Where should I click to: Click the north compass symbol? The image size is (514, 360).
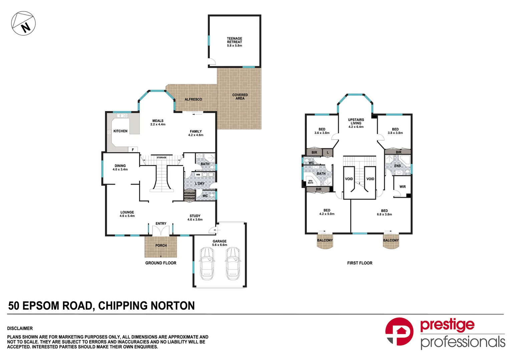[x=23, y=24]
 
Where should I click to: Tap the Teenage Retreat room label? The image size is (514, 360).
[x=234, y=42]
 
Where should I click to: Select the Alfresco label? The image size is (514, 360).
[x=193, y=99]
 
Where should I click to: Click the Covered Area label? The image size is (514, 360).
[x=240, y=97]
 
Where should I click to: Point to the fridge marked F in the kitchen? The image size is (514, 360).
[x=133, y=150]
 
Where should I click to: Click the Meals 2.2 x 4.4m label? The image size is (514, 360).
[x=158, y=123]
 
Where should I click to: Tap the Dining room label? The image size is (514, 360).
[x=120, y=167]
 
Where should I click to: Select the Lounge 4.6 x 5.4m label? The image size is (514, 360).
[x=127, y=214]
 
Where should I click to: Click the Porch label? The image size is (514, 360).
[x=161, y=246]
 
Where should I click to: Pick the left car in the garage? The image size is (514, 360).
[x=207, y=264]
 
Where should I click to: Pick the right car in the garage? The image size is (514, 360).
[x=232, y=264]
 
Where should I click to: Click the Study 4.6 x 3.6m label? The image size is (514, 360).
[x=195, y=218]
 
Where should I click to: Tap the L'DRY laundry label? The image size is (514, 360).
[x=200, y=184]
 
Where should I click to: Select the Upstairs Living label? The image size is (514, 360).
[x=356, y=123]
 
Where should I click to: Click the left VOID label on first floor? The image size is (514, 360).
[x=349, y=179]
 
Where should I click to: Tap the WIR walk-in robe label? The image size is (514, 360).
[x=403, y=187]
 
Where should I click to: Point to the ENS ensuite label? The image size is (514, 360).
[x=398, y=166]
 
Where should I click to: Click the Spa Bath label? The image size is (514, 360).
[x=311, y=182]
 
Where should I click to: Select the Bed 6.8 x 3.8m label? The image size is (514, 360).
[x=384, y=213]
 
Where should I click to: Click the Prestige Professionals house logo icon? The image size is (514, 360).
[x=399, y=332]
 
